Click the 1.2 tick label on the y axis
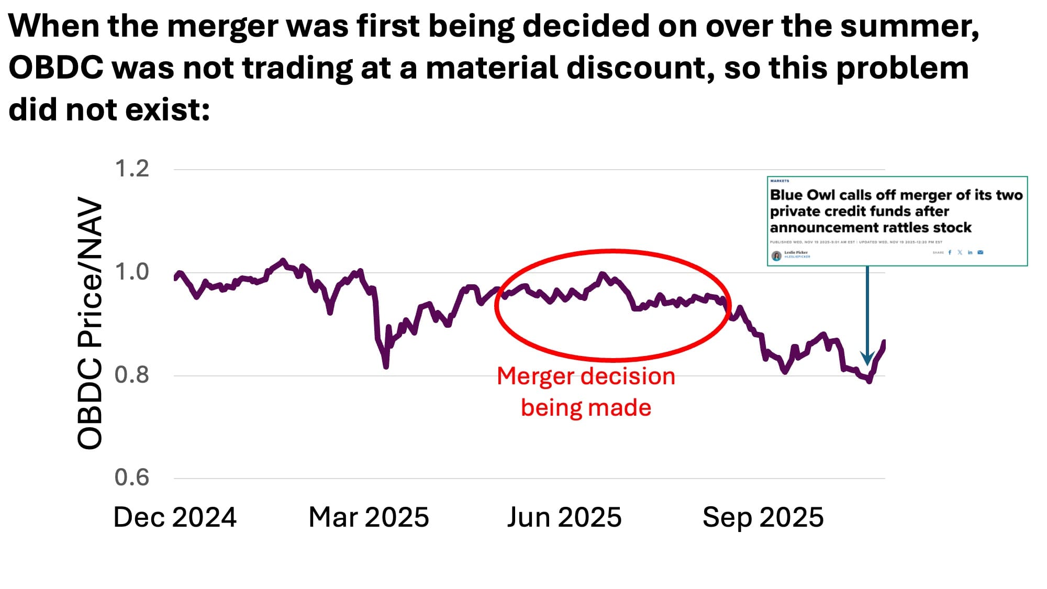point(132,169)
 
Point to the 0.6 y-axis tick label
point(132,477)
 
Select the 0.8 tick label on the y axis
point(132,375)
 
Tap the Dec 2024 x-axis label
point(175,517)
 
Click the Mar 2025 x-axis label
point(369,517)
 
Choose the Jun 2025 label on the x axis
point(564,517)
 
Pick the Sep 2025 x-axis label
point(763,517)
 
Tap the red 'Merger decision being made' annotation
point(586,392)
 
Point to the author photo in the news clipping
point(776,255)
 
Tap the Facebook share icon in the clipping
point(950,252)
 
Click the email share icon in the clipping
point(981,252)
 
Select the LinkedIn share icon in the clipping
point(970,252)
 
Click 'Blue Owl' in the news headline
point(803,195)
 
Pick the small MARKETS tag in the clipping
point(779,181)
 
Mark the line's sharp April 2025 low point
point(386,366)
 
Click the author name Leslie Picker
point(796,252)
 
